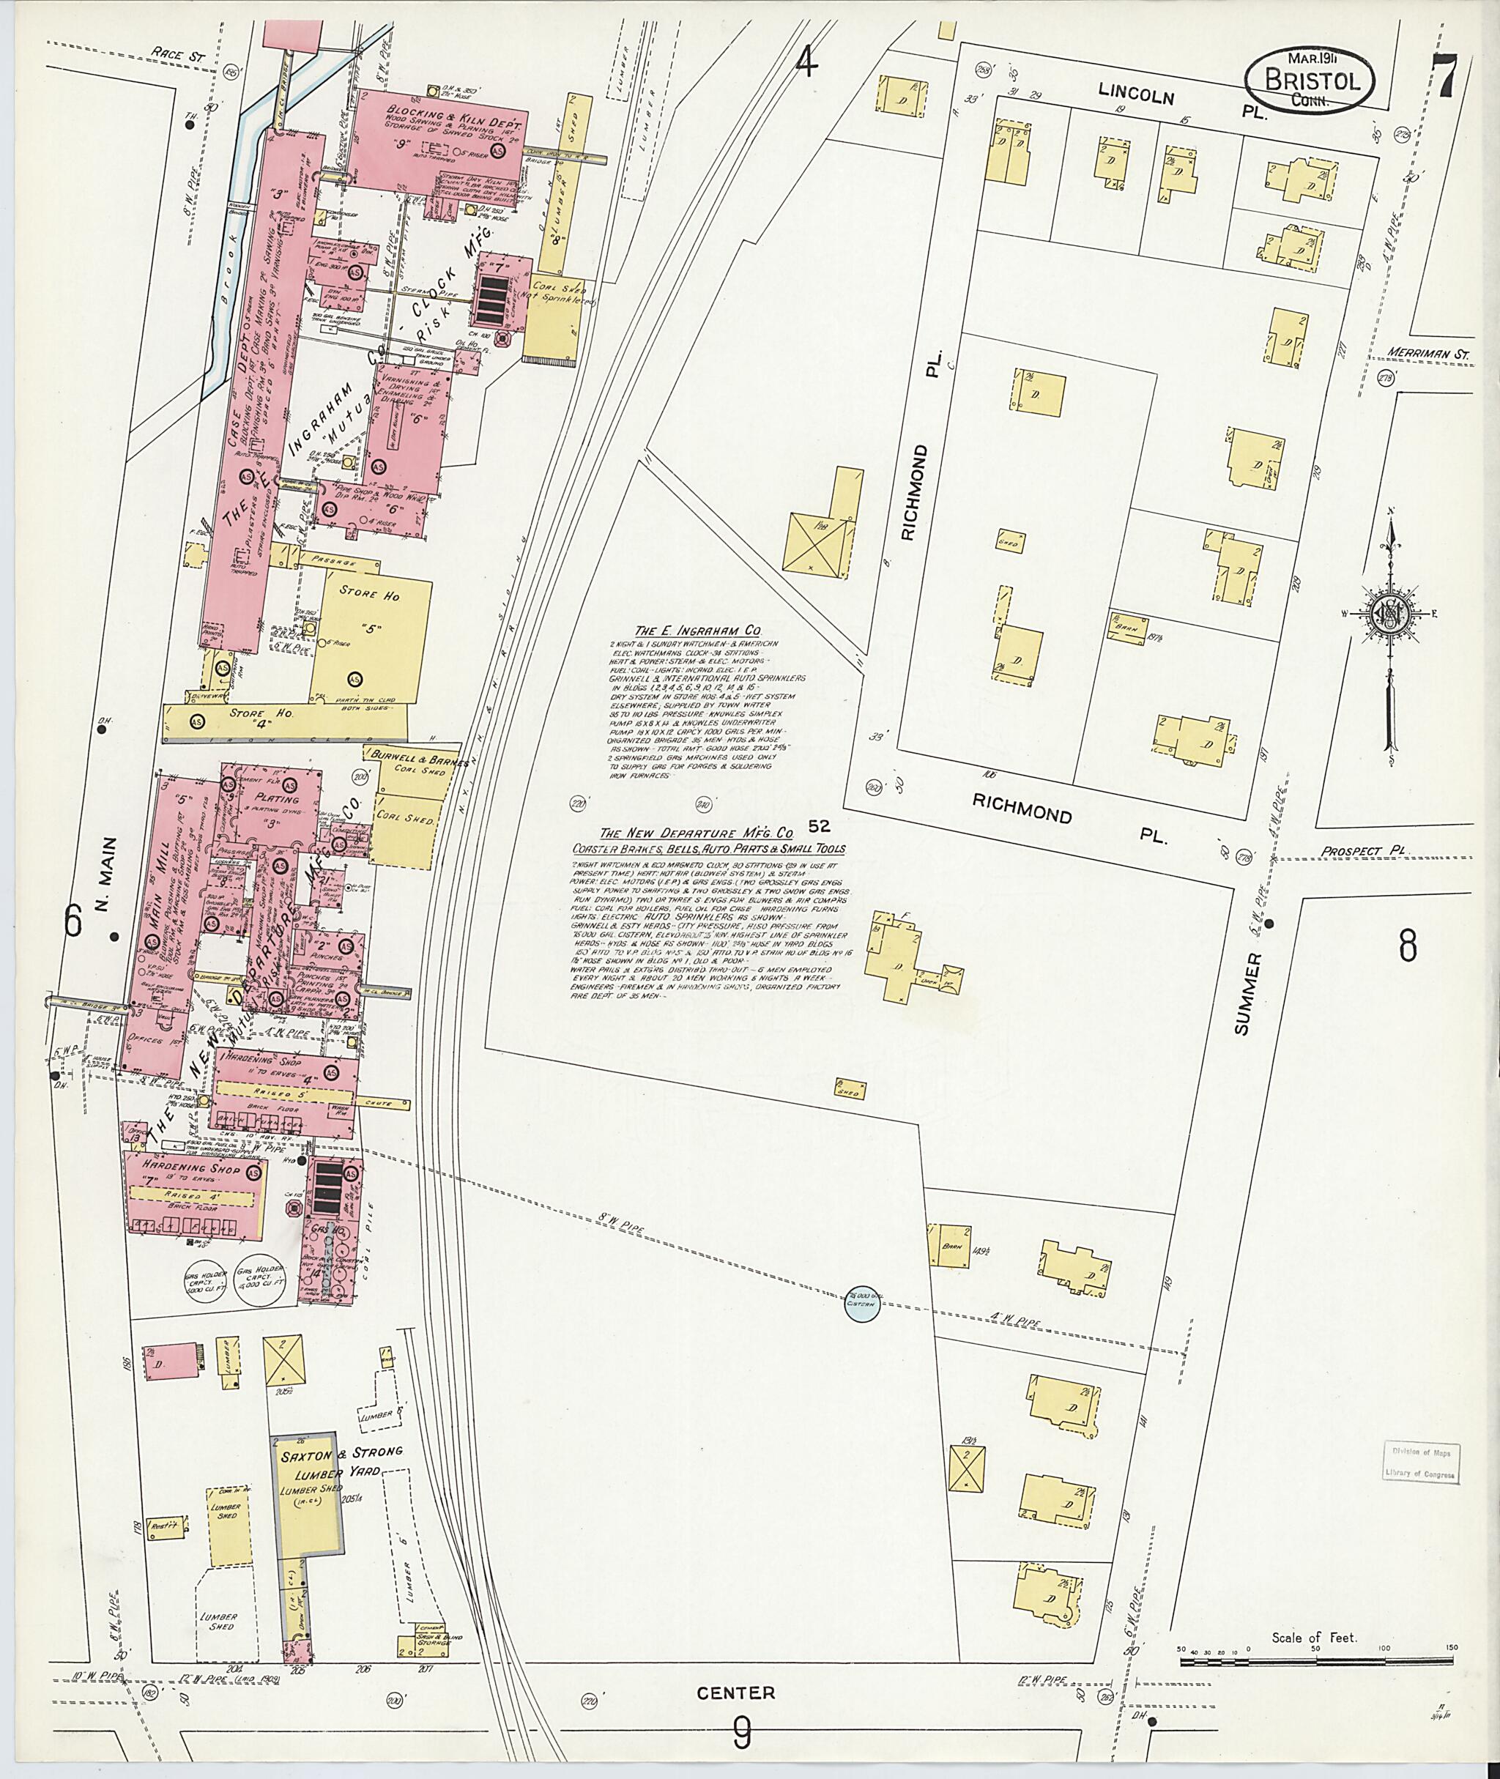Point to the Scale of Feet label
1314,1637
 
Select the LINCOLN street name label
1135,93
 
